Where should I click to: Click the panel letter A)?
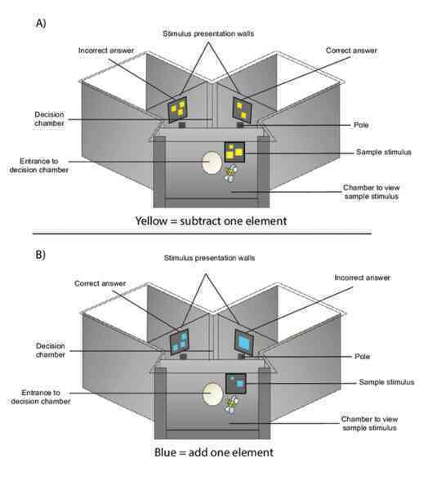coord(41,23)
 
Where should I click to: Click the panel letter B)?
coord(41,255)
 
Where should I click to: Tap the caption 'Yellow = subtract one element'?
coord(211,221)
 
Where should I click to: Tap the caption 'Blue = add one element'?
coord(214,452)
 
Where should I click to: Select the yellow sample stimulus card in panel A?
coord(234,152)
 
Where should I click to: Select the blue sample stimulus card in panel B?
coord(236,383)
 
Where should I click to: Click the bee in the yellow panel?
coord(230,173)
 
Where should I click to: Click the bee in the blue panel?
coord(232,405)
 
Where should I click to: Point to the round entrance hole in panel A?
coord(212,162)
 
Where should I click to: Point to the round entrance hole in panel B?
coord(212,393)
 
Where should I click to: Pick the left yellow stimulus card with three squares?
coord(177,109)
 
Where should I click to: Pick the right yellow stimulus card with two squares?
coord(242,110)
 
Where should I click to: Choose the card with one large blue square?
coord(243,342)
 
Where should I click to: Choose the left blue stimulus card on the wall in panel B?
coord(179,341)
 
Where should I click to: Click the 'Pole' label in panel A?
coord(361,125)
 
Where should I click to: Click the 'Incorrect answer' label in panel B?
coord(362,278)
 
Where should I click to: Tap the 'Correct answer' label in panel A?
coord(351,51)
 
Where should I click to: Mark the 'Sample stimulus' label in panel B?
coord(386,382)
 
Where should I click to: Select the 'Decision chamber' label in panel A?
coord(49,119)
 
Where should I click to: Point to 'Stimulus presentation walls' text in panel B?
coord(209,258)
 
